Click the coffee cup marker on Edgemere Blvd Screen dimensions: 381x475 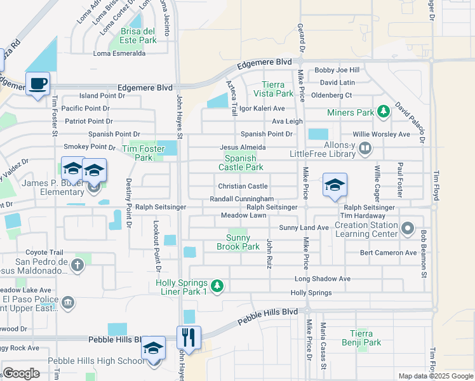tap(38, 84)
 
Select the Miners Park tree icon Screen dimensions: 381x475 tap(383, 112)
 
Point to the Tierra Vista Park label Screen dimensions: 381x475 tap(278, 89)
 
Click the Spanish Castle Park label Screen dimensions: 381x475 tap(241, 163)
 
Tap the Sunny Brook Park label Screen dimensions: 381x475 tap(238, 242)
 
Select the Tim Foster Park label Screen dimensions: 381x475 tap(137, 153)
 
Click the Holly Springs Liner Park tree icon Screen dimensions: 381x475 tap(217, 286)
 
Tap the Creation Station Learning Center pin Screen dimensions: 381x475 tap(407, 228)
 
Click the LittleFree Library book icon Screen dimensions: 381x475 tap(365, 149)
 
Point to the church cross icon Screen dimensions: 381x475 tap(77, 265)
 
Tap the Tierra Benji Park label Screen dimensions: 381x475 tap(365, 338)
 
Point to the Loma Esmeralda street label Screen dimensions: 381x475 tap(119, 54)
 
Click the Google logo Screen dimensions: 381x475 tap(22, 373)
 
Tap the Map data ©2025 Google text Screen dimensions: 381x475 tap(435, 376)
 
